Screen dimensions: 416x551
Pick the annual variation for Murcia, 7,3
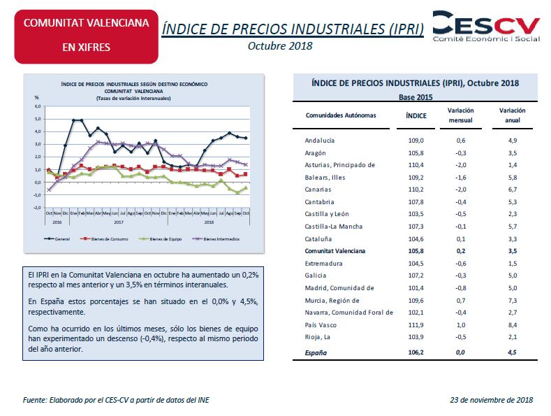[x=512, y=301]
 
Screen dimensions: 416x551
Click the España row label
[x=316, y=353]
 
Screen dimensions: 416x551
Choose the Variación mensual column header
[x=460, y=115]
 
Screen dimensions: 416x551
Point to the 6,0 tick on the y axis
[x=38, y=106]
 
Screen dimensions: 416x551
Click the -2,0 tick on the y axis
[x=38, y=208]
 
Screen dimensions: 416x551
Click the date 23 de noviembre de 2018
[x=492, y=400]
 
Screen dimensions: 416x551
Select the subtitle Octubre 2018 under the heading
[x=279, y=46]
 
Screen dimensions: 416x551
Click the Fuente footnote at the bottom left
[x=115, y=400]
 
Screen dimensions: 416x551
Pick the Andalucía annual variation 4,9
[x=512, y=141]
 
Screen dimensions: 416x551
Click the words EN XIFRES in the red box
[x=86, y=48]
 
